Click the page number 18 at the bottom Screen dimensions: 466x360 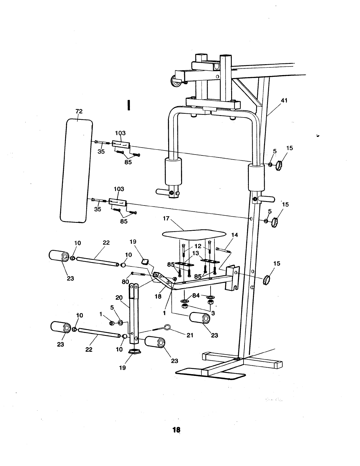pyautogui.click(x=176, y=429)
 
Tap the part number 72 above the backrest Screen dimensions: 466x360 pyautogui.click(x=79, y=111)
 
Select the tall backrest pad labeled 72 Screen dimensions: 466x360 pyautogui.click(x=76, y=171)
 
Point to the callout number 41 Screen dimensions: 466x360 pyautogui.click(x=284, y=100)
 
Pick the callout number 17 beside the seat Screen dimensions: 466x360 pyautogui.click(x=166, y=219)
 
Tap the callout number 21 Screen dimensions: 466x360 pyautogui.click(x=190, y=335)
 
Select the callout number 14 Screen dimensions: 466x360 pyautogui.click(x=234, y=235)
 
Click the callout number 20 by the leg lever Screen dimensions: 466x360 pyautogui.click(x=119, y=298)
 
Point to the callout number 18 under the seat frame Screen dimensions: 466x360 pyautogui.click(x=158, y=296)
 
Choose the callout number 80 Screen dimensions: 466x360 pyautogui.click(x=126, y=282)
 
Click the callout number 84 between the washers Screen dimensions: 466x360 pyautogui.click(x=196, y=295)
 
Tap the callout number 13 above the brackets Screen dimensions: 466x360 pyautogui.click(x=196, y=253)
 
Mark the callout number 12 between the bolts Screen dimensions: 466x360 pyautogui.click(x=198, y=246)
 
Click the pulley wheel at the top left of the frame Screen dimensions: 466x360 pyautogui.click(x=176, y=83)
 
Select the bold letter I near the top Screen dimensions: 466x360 pyautogui.click(x=128, y=105)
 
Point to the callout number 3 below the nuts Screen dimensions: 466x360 pyautogui.click(x=213, y=313)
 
